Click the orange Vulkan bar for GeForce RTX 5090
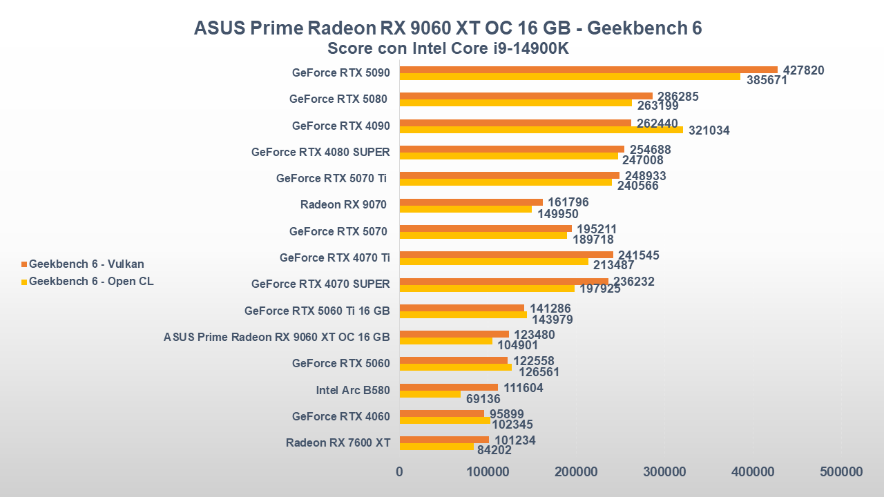[588, 70]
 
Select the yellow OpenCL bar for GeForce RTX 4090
[541, 130]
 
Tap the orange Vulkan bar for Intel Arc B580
[448, 387]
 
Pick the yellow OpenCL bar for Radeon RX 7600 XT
[436, 447]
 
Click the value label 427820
[803, 70]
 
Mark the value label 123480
[534, 335]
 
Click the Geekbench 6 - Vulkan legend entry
[86, 264]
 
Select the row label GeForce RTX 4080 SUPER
[320, 152]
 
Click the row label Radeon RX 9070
[343, 204]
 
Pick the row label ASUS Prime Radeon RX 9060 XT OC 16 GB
[276, 337]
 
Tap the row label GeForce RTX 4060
[340, 416]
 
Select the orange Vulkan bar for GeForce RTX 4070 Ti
[506, 255]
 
